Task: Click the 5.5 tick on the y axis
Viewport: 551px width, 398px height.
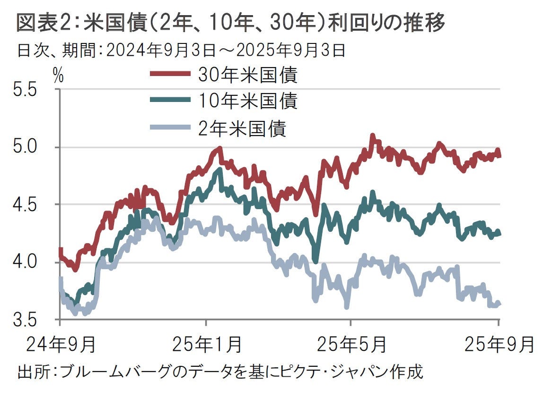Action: pos(26,90)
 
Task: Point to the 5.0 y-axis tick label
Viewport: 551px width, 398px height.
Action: pos(26,147)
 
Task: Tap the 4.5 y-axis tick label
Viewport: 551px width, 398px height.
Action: pos(26,204)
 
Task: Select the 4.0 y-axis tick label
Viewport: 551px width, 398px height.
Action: pos(26,262)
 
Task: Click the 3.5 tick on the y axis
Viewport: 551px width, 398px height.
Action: pos(26,320)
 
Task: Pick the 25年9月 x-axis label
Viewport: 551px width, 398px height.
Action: pos(500,343)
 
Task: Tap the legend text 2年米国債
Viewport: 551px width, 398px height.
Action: pos(242,128)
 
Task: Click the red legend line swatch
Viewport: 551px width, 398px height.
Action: pos(170,74)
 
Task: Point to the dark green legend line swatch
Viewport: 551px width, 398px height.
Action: pos(170,101)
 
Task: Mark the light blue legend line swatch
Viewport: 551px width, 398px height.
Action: pos(170,127)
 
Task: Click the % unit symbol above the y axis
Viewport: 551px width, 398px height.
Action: pos(58,76)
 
